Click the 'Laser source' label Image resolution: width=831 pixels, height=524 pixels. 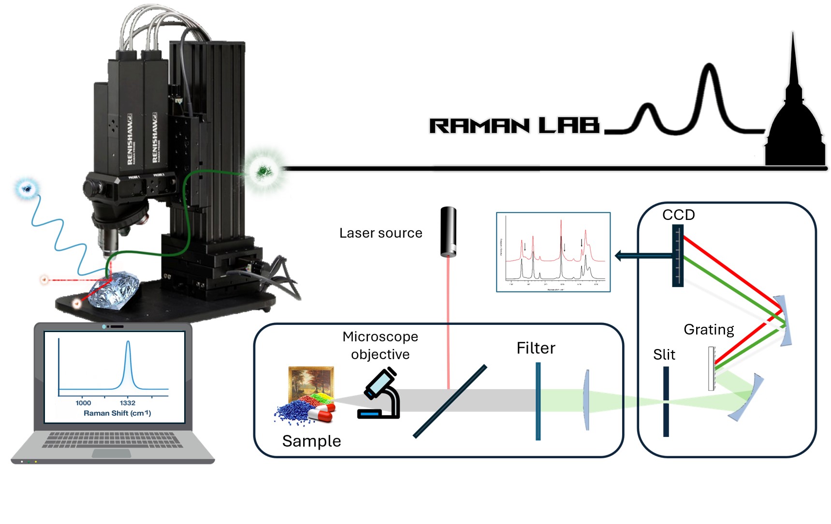[380, 233]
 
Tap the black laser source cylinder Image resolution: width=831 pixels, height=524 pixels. [448, 232]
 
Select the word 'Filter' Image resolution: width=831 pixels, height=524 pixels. [536, 348]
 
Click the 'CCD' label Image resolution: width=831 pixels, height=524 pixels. [678, 215]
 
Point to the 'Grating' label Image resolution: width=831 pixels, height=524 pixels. [708, 330]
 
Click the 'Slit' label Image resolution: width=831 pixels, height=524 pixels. [664, 355]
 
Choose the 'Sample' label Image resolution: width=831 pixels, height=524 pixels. [311, 441]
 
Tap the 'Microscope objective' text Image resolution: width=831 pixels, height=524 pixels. [380, 345]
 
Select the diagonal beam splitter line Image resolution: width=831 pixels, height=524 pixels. [450, 401]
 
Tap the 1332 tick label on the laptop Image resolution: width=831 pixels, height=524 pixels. [128, 403]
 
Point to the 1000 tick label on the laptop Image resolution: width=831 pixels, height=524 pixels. [83, 403]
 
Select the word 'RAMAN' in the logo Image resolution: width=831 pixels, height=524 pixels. [479, 126]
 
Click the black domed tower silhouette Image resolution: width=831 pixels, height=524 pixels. [794, 131]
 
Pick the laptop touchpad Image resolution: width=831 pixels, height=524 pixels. [111, 453]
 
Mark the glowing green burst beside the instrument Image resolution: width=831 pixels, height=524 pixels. [263, 170]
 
